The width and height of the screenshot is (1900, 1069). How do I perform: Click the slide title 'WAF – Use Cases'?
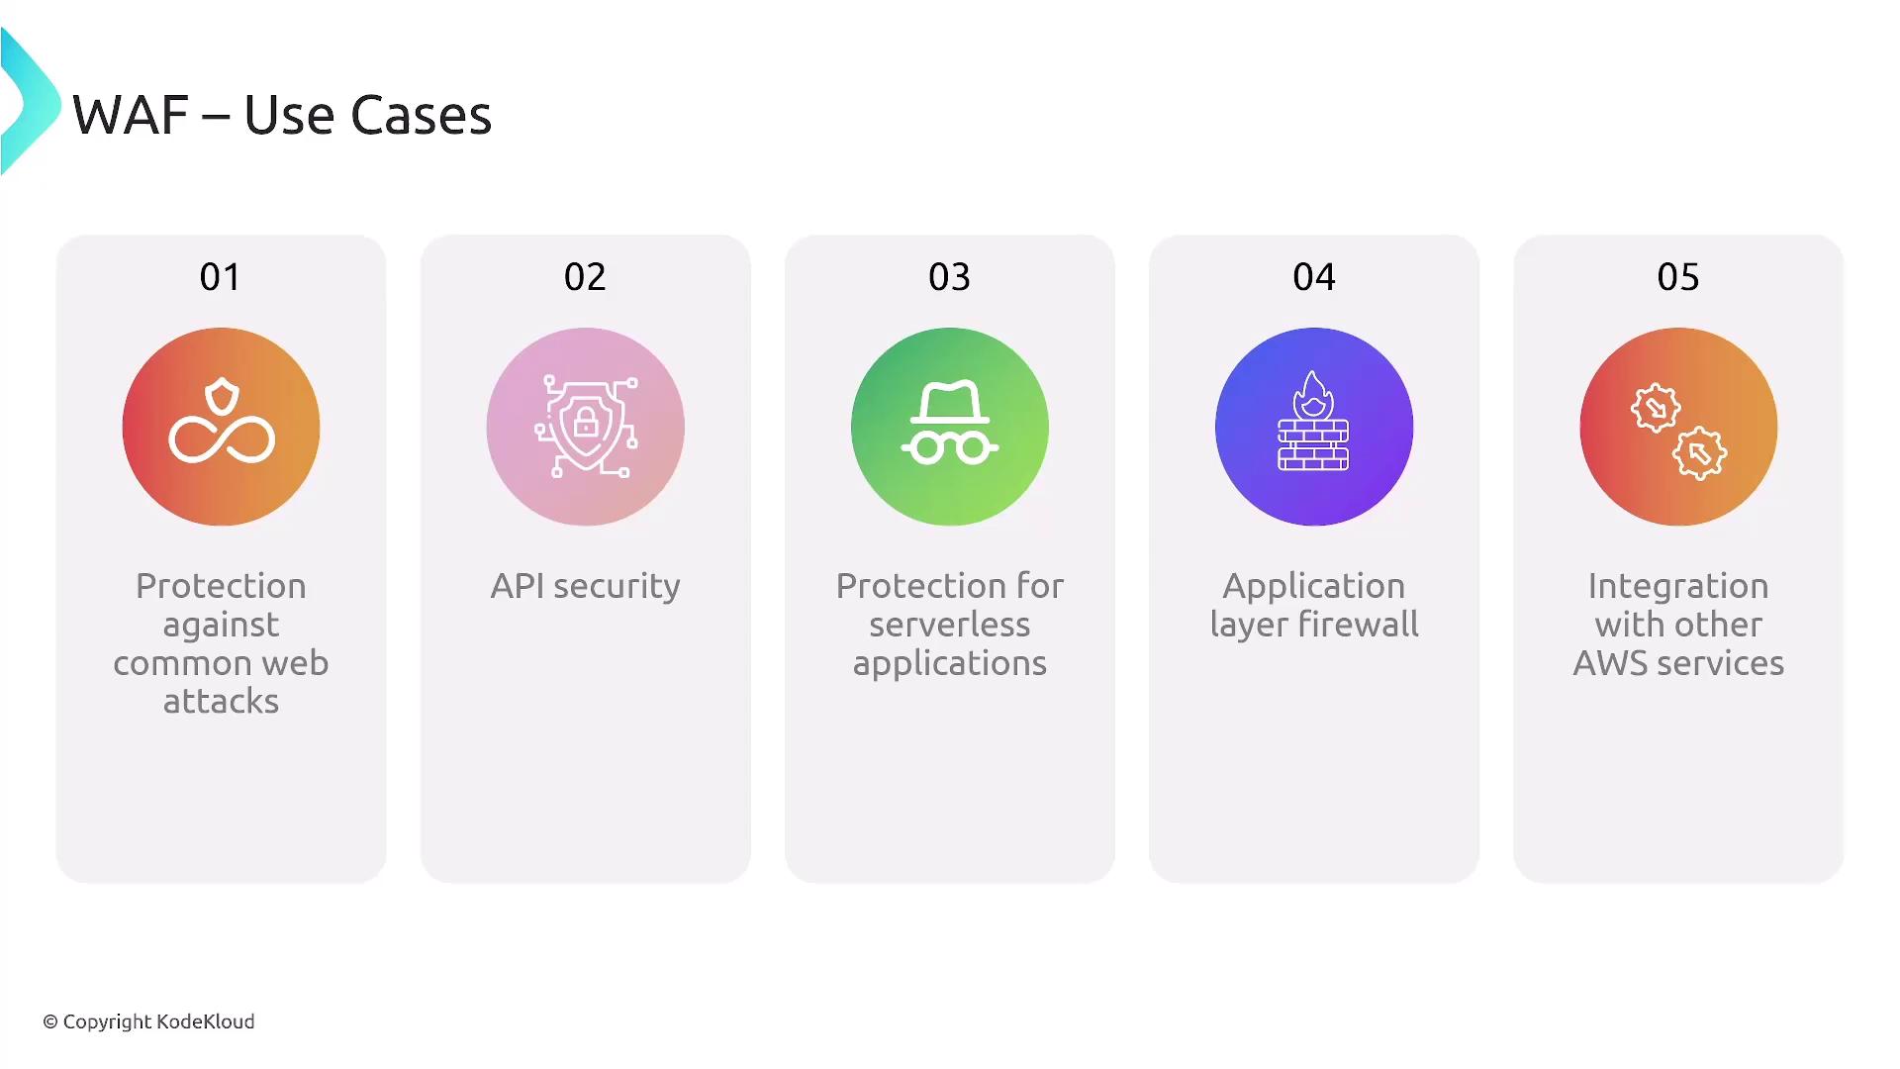coord(282,115)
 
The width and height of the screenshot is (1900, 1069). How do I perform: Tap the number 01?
coord(220,277)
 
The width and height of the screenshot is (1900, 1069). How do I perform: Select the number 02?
coord(585,277)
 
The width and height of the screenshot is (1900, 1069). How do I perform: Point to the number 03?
coord(949,277)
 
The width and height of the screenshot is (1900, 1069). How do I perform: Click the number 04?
coord(1314,277)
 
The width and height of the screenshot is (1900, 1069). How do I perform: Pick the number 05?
coord(1678,277)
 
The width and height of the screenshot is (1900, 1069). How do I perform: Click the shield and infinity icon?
coord(222,421)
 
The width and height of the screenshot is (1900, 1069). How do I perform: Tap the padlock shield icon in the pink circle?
coord(586,427)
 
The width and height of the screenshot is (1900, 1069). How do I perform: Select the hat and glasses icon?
coord(950,423)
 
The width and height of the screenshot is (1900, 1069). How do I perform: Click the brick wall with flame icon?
coord(1313,421)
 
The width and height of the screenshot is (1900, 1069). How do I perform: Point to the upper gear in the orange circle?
coord(1656,407)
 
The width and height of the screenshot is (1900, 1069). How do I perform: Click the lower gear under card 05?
coord(1700,453)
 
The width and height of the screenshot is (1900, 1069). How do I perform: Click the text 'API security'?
coord(586,586)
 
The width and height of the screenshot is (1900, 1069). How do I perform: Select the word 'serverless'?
coord(950,625)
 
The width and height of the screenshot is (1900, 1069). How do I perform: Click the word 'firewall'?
coord(1358,624)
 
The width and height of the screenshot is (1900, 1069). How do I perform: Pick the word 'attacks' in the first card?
coord(221,702)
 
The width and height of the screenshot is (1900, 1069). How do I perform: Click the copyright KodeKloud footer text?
coord(148,1021)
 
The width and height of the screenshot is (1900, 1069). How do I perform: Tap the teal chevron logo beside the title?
coord(28,102)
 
